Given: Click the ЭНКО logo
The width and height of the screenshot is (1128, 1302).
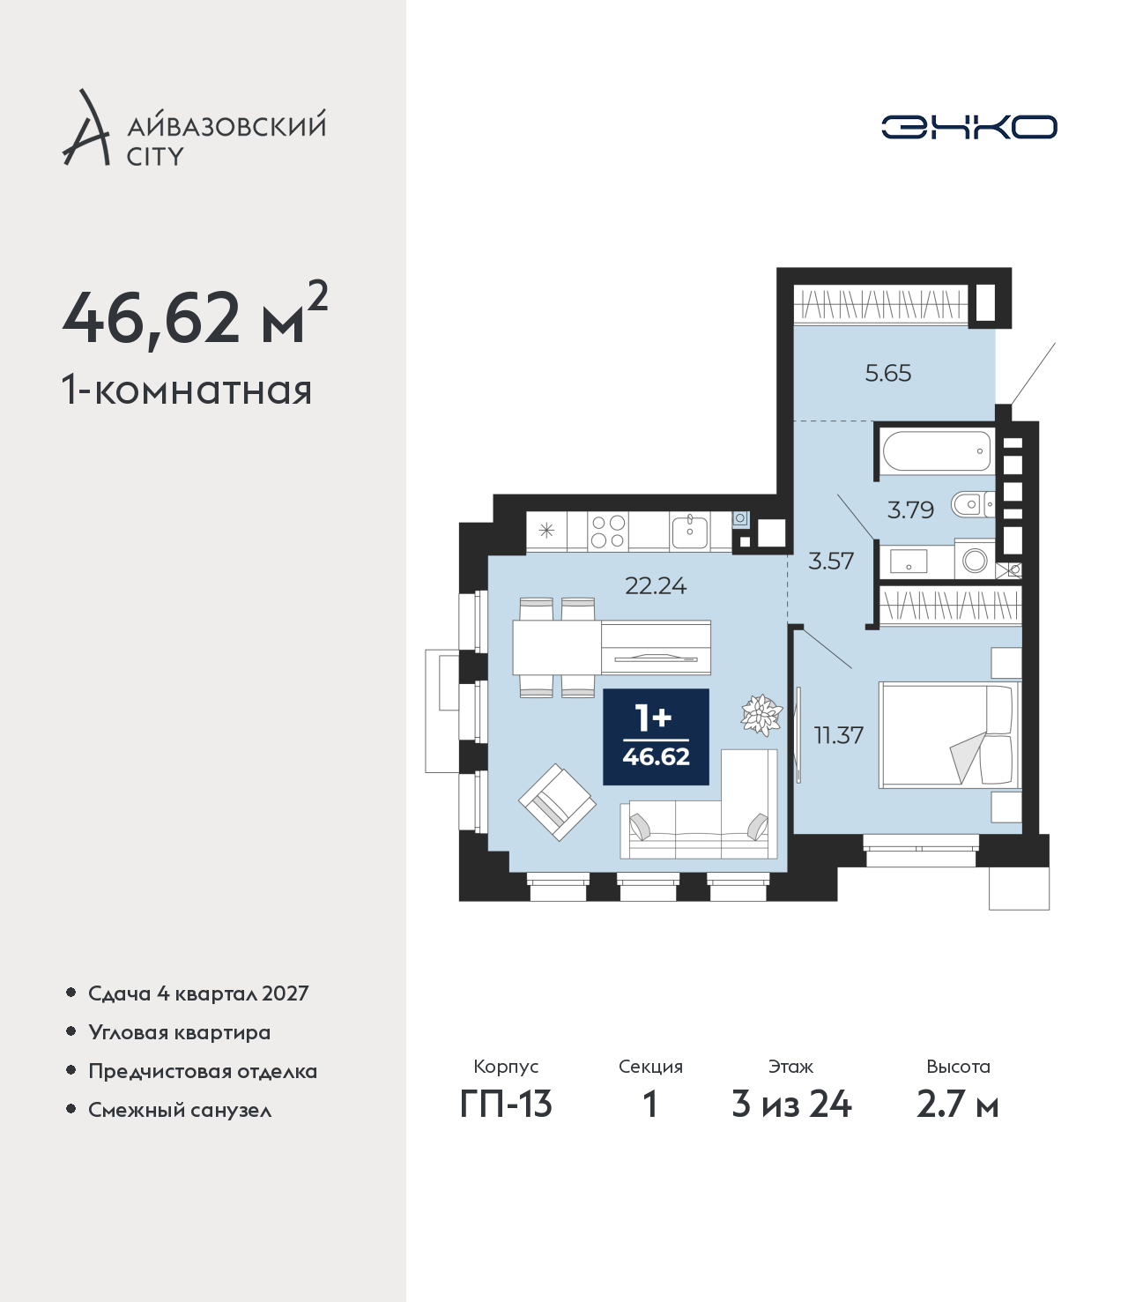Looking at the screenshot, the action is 968,127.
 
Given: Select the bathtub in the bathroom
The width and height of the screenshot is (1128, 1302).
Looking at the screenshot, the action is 937,450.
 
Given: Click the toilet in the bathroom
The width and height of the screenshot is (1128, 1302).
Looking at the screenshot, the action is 972,504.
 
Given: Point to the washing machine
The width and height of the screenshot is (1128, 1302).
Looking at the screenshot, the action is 975,559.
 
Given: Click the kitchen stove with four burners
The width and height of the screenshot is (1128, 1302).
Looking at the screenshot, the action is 608,531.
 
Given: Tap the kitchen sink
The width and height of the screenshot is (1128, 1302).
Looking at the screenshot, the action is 690,531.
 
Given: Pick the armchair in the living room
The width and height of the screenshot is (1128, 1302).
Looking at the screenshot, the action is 557,802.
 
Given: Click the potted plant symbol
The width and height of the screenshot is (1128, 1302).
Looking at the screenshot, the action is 761,714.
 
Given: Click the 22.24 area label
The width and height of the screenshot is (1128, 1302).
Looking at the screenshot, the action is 655,586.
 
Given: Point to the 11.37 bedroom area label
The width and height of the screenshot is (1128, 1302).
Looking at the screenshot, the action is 838,735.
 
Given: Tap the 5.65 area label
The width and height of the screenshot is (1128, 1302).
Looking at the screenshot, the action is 887,373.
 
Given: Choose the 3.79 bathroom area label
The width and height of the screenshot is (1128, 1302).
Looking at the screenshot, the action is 910,510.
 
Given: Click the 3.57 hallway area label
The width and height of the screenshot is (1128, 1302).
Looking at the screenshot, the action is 831,561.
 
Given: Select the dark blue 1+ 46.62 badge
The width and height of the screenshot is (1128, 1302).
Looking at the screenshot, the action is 656,737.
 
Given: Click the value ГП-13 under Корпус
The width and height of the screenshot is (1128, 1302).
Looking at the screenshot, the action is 506,1105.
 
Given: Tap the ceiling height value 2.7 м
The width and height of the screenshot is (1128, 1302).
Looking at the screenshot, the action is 957,1105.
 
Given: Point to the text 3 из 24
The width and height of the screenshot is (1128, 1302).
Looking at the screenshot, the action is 791,1105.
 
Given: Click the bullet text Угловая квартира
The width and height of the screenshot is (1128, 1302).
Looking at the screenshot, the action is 180,1032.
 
